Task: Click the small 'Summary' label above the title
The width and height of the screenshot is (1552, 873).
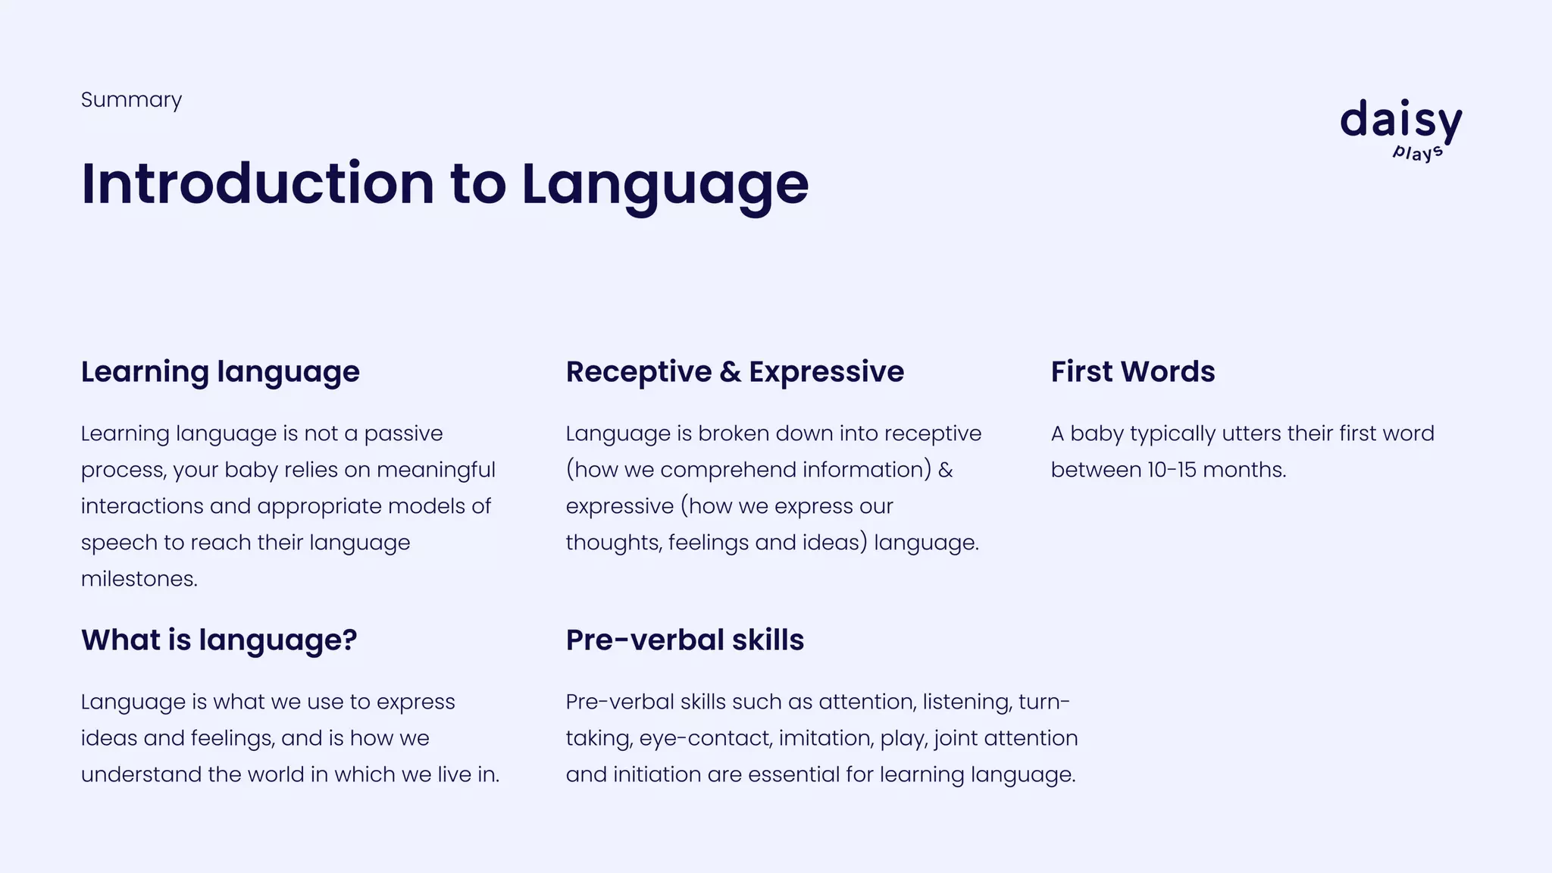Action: [131, 100]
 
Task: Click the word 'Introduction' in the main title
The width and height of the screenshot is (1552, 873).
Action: [258, 184]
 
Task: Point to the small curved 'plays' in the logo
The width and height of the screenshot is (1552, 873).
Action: [1417, 152]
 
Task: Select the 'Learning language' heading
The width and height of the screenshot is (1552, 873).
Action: [220, 372]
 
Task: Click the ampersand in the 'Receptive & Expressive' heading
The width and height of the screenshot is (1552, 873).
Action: [730, 372]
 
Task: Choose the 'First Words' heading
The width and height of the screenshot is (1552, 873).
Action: [1132, 372]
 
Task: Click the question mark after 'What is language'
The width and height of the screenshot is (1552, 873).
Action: [349, 640]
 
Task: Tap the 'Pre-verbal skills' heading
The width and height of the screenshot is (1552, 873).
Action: [684, 640]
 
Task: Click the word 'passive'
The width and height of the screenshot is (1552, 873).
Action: [403, 433]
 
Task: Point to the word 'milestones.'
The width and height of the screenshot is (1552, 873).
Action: [139, 579]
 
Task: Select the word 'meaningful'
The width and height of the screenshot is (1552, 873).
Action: [436, 470]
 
